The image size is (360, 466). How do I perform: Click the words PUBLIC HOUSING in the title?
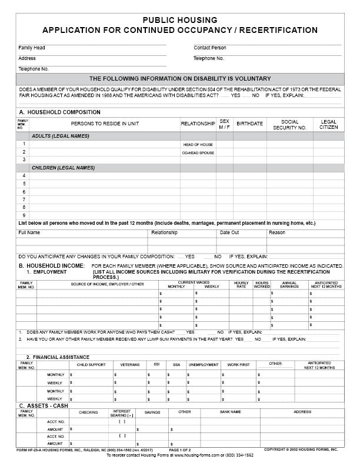pos(179,20)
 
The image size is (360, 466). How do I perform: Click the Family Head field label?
pos(31,48)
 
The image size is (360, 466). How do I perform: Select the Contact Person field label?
pos(209,48)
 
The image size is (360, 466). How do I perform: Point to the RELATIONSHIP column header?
pos(198,124)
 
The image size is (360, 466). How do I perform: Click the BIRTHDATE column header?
pos(249,124)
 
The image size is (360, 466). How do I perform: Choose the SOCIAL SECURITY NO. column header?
pos(289,124)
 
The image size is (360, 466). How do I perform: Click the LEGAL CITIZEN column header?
pos(329,124)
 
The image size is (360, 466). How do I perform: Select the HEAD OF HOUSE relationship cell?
pos(198,144)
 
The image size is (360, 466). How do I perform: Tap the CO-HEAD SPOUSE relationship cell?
pos(198,152)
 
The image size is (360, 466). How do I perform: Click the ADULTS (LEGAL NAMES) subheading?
pos(61,136)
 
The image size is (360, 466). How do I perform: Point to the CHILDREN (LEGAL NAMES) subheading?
pos(63,168)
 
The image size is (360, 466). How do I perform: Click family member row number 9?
pos(24,215)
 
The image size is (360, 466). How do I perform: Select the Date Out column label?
pos(229,232)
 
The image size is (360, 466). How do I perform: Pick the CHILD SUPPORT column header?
pos(91,365)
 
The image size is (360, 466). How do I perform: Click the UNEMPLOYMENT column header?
pos(203,365)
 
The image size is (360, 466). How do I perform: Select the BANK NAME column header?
pos(231,412)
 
